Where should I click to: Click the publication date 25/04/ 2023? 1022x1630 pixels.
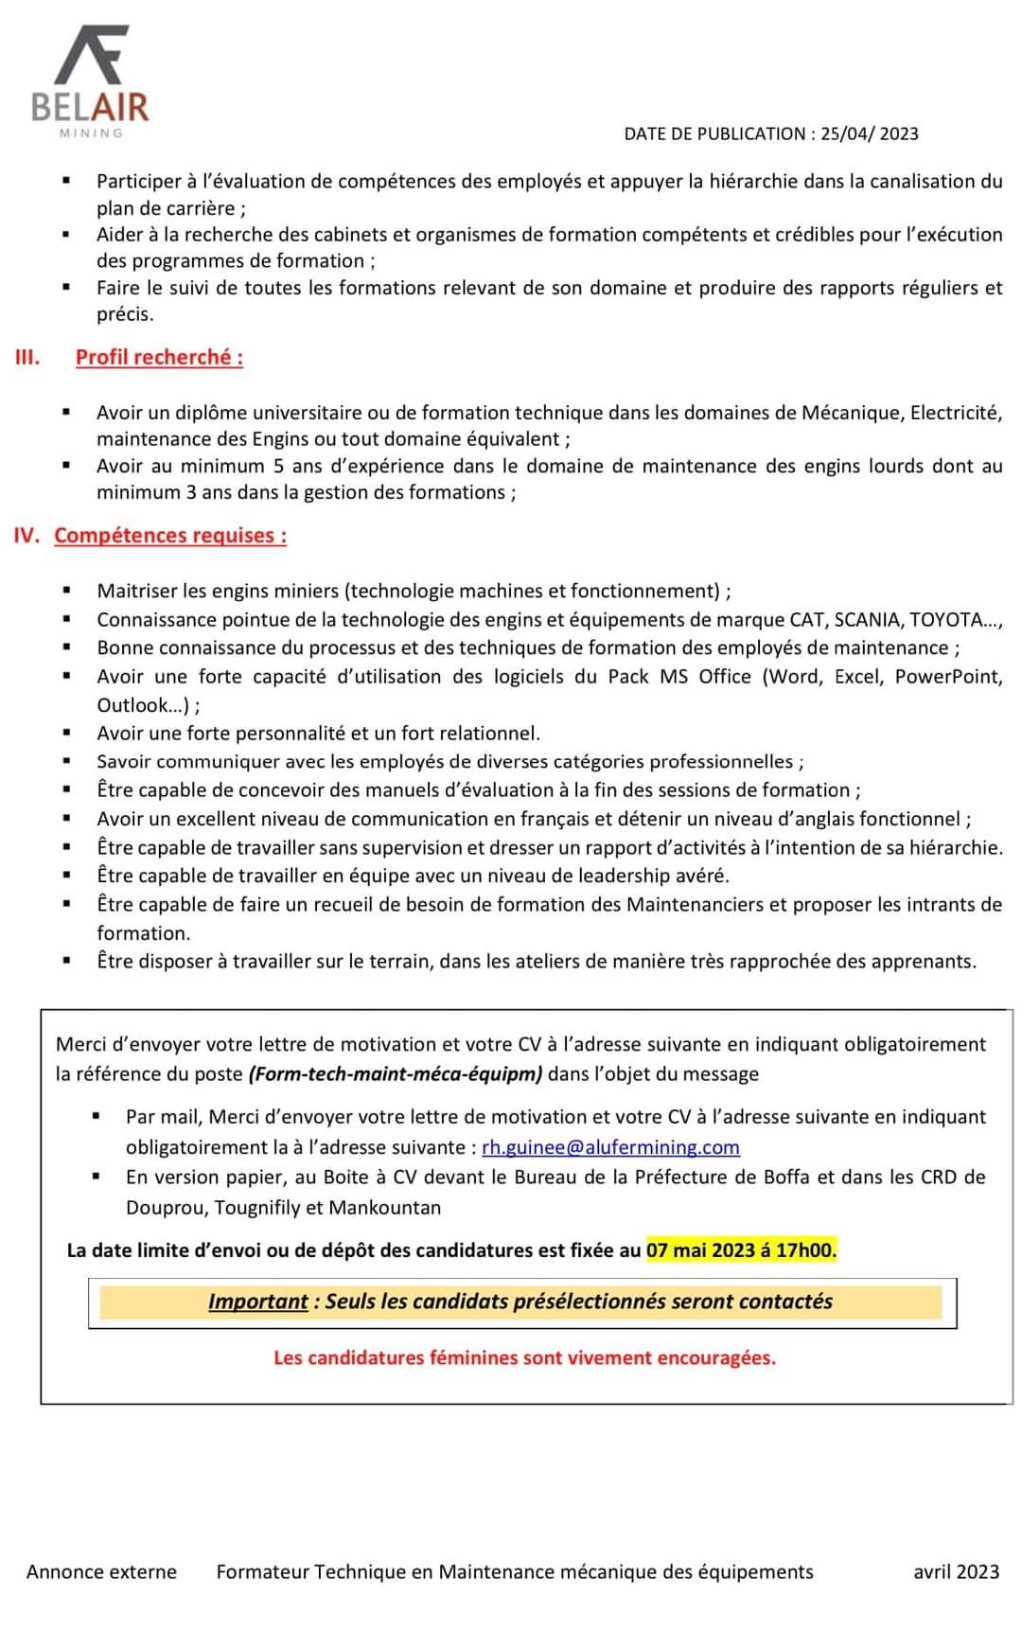pos(869,134)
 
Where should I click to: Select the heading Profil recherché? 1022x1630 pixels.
pos(159,358)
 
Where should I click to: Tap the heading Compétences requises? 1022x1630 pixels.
pos(170,536)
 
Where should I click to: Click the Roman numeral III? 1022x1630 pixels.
pos(27,358)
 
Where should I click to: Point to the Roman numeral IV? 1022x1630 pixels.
pos(26,536)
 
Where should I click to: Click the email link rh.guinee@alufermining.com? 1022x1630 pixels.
pos(610,1147)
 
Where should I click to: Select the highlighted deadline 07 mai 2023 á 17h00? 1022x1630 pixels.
pos(741,1250)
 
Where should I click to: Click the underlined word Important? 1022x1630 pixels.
pos(257,1302)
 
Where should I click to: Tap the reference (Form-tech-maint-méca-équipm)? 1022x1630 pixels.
pos(396,1074)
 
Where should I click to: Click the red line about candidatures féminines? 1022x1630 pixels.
pos(524,1358)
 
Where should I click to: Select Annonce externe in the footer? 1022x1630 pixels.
pos(101,1572)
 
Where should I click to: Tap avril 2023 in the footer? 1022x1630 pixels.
pos(956,1572)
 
